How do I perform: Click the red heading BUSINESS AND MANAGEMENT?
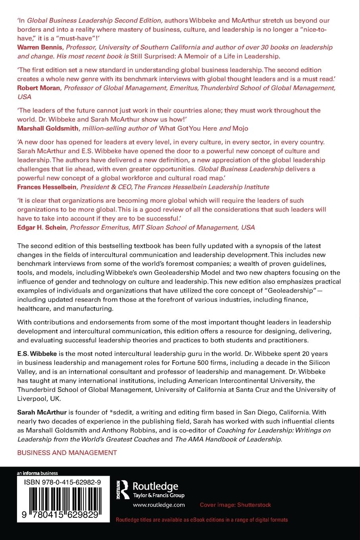coord(67,453)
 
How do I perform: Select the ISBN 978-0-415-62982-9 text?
coord(62,482)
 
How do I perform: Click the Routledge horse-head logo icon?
coord(125,489)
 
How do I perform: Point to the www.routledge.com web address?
coord(159,505)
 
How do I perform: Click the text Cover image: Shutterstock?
coord(235,505)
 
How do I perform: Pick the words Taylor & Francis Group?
coord(158,495)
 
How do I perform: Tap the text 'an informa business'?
coord(37,473)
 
